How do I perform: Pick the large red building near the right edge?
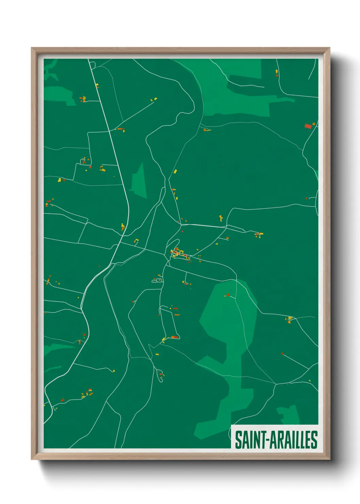(x=308, y=126)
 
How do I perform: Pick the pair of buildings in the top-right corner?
(x=277, y=73)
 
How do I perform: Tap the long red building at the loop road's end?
(x=175, y=337)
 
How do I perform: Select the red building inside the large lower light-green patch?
(x=227, y=295)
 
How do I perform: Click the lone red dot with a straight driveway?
(x=282, y=353)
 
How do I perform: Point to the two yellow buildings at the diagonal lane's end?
(x=154, y=99)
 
